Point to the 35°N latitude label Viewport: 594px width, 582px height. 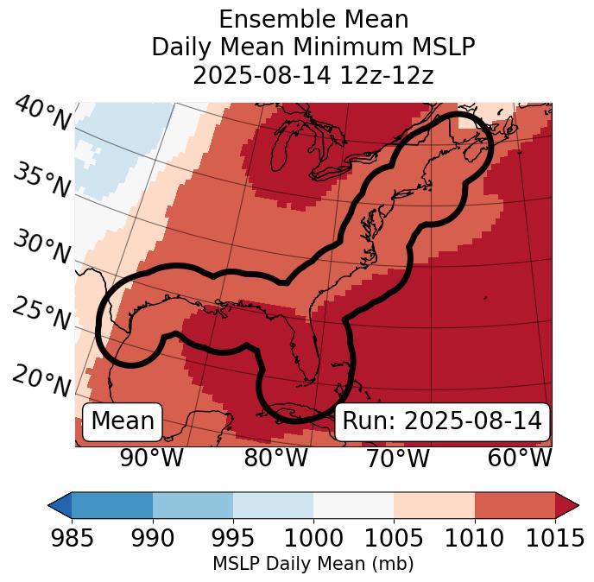[41, 180]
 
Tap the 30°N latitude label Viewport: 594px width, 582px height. [41, 248]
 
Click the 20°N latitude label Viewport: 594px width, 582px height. [41, 380]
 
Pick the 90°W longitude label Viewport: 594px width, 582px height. [152, 458]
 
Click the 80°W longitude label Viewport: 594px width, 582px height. [275, 458]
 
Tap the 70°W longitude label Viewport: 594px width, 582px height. [397, 458]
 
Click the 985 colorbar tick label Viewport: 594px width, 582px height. [73, 539]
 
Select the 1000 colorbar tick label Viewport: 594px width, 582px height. [313, 539]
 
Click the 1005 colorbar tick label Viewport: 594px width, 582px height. [394, 539]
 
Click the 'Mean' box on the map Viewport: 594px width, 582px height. [123, 421]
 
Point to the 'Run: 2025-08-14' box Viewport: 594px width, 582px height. [442, 421]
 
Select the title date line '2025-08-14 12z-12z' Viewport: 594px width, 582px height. [313, 75]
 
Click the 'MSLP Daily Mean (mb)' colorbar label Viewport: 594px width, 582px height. [313, 565]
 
